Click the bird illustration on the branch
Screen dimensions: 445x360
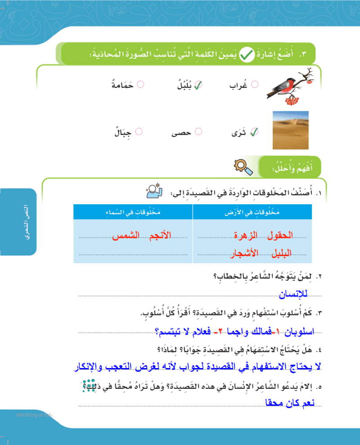(x=288, y=85)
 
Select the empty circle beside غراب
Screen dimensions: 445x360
(x=255, y=84)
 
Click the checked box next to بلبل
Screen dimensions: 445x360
(x=197, y=84)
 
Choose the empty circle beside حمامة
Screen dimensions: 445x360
(x=140, y=84)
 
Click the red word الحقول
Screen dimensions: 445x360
(x=280, y=235)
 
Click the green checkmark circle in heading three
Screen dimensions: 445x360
(x=246, y=55)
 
